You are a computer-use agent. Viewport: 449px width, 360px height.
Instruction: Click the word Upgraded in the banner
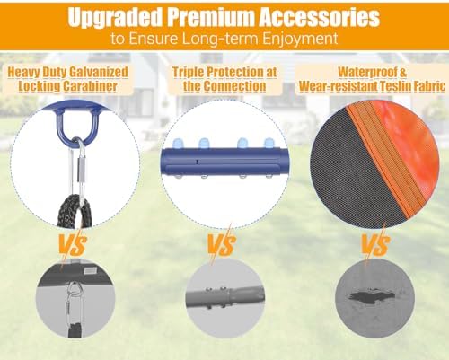[115, 17]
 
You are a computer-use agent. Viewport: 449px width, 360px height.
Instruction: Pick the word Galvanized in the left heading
[99, 73]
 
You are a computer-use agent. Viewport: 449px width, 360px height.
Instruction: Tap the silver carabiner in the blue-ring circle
[78, 171]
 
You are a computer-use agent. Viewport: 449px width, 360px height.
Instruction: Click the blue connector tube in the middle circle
[224, 162]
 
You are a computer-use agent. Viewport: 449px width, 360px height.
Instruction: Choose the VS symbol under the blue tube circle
[222, 244]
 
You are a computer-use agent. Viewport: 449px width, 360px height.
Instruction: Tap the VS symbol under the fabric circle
[375, 244]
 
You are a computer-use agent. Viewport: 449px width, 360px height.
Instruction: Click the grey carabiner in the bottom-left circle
[72, 303]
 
